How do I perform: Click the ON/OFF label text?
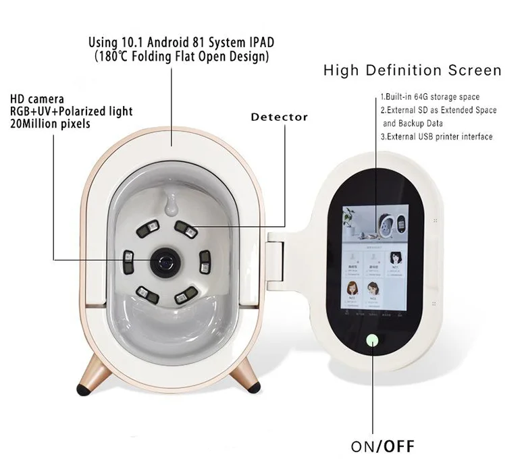(382, 446)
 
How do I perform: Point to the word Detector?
(279, 117)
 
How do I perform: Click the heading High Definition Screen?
(412, 71)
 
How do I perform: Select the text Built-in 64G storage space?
(430, 98)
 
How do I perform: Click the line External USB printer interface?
(436, 136)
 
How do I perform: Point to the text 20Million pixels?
(50, 124)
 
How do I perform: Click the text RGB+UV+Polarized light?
(71, 111)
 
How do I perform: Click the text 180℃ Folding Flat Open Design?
(182, 57)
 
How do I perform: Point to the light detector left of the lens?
(128, 256)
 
